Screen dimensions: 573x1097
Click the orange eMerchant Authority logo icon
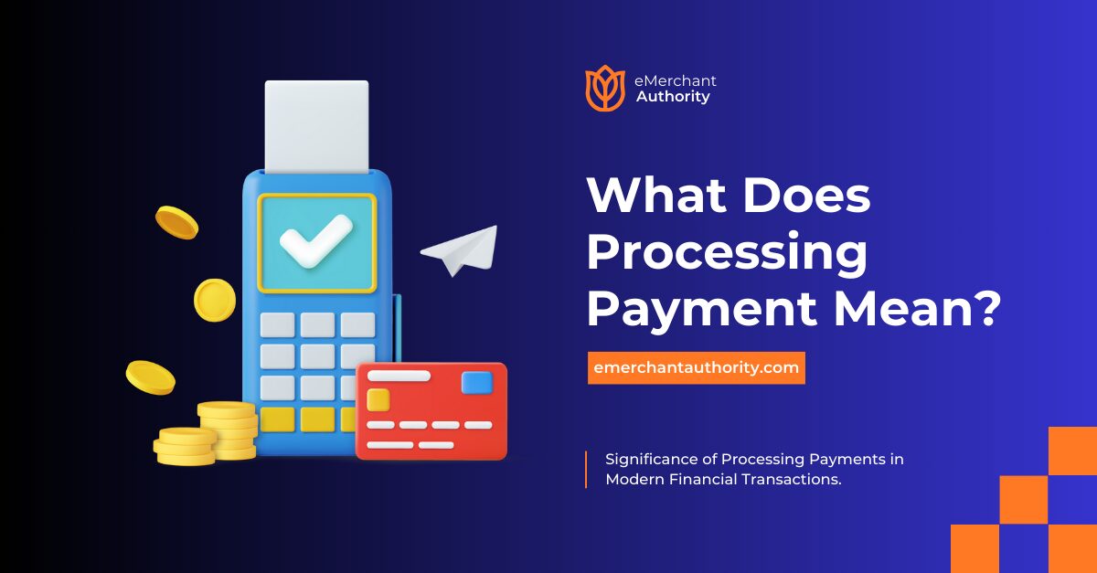604,88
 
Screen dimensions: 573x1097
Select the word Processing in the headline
727,253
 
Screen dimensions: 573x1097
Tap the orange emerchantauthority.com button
696,368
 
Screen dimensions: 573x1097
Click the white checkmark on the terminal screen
315,240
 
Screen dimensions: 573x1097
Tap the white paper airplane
460,250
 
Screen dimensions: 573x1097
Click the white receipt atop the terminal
316,124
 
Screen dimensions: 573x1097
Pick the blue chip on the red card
476,382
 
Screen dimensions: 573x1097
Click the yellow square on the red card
378,399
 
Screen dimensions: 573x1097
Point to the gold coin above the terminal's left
176,222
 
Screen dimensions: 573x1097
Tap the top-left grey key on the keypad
277,324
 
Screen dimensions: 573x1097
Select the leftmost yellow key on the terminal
277,419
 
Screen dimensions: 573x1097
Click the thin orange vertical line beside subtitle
586,469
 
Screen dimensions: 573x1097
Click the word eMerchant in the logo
676,81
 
